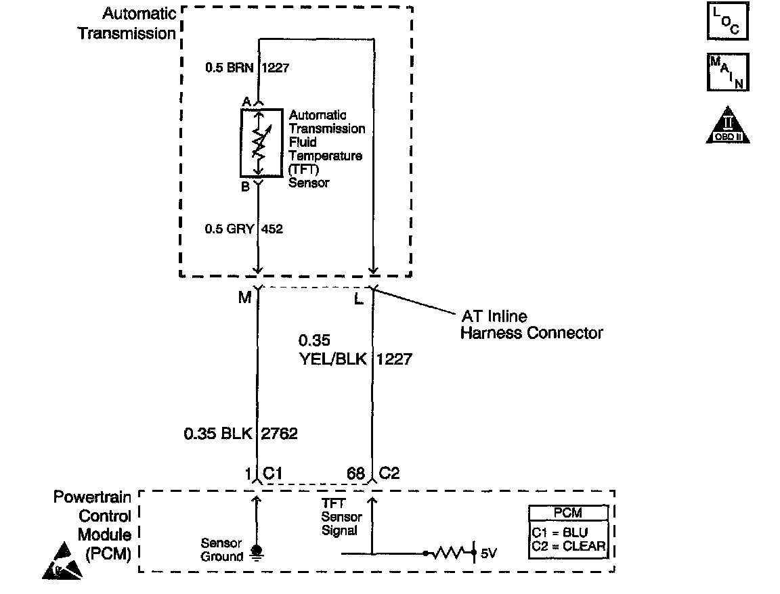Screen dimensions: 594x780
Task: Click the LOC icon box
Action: click(x=727, y=22)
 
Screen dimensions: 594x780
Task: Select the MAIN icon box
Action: click(x=727, y=72)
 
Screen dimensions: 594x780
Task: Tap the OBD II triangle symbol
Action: click(x=727, y=126)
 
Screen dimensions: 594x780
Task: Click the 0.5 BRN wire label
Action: click(x=230, y=68)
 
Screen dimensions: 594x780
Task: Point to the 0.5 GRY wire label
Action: click(x=230, y=229)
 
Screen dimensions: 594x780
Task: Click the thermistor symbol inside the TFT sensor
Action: click(x=257, y=143)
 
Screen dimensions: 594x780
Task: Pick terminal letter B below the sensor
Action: click(x=245, y=187)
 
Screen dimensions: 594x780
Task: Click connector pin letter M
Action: click(x=244, y=297)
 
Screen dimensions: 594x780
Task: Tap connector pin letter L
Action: click(x=359, y=298)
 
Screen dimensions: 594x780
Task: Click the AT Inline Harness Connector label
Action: click(x=531, y=325)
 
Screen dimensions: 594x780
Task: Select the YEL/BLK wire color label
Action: click(x=332, y=359)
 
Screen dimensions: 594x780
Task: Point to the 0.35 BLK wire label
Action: click(x=217, y=433)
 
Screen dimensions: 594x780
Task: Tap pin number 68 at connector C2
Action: click(x=355, y=473)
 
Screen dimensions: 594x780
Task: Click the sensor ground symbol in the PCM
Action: click(x=257, y=551)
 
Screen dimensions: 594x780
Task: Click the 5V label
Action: click(x=488, y=554)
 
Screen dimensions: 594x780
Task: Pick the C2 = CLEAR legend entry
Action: click(x=568, y=547)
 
